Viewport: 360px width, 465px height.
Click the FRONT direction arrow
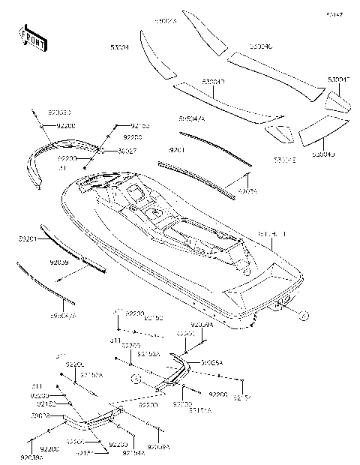click(x=32, y=37)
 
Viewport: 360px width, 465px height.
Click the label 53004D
click(x=322, y=154)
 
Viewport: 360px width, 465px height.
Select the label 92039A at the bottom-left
click(x=32, y=456)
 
